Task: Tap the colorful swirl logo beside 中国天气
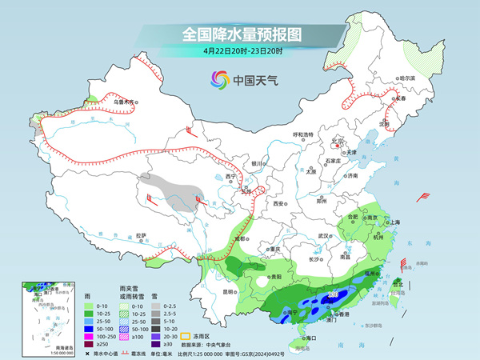(218, 79)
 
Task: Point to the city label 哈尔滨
(408, 78)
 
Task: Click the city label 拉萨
(141, 235)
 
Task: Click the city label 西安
(279, 204)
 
